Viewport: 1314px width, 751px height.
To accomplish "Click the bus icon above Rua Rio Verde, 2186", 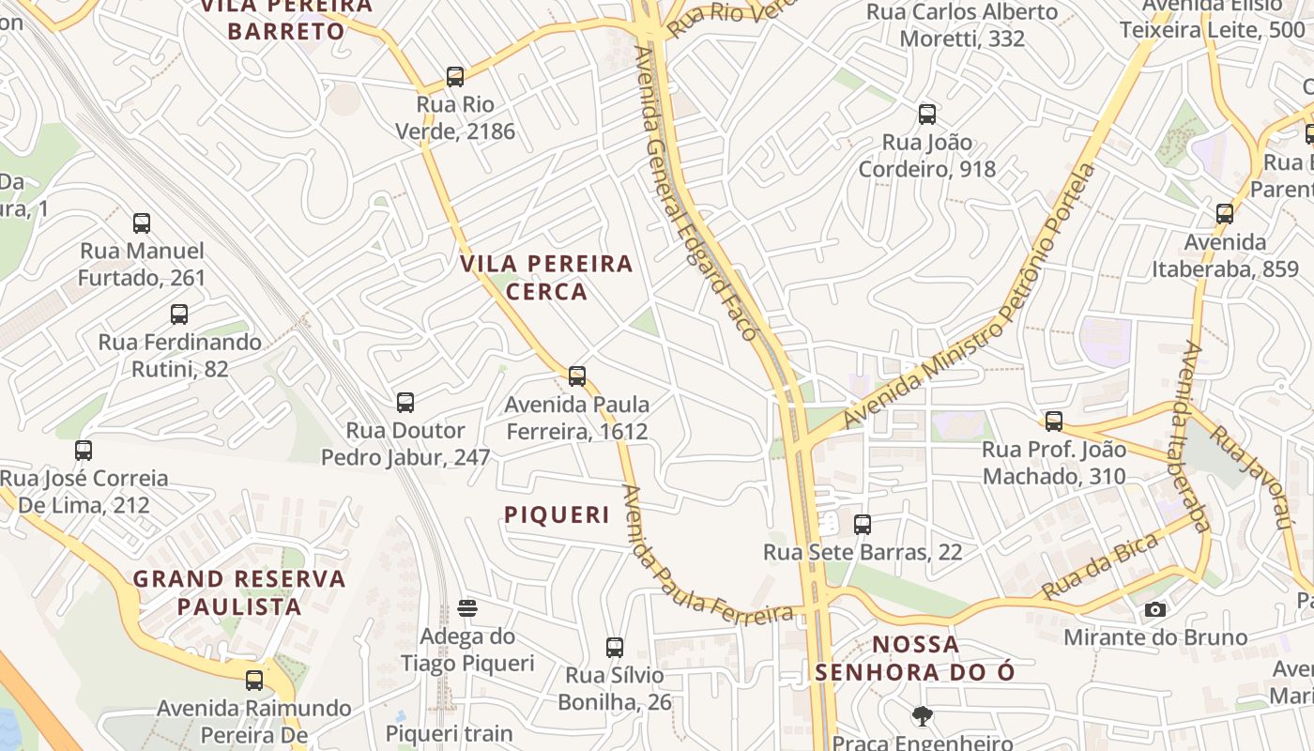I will click(455, 77).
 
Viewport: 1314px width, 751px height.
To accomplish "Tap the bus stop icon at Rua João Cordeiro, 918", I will click(927, 115).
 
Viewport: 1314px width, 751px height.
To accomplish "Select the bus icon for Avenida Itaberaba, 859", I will click(1225, 213).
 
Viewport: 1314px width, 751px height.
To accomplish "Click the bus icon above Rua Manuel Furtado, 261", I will click(142, 223).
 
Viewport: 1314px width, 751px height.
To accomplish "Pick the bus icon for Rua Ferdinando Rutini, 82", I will click(179, 314).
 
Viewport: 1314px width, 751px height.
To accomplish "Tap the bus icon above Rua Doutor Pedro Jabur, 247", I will click(405, 403).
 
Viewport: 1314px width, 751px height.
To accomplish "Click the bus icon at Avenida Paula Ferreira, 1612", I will click(577, 376).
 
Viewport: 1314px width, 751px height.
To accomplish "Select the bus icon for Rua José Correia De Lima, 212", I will click(84, 451).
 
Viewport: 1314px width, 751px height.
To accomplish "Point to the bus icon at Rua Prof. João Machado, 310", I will click(1054, 421).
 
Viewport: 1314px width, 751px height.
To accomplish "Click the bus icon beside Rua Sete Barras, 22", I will click(863, 525).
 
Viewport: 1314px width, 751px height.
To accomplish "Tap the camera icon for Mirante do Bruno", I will click(1155, 610).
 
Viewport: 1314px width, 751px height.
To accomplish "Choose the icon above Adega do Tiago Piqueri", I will click(467, 608).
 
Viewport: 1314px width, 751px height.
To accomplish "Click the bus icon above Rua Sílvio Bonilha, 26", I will click(615, 648).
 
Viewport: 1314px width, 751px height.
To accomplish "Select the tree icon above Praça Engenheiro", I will click(923, 716).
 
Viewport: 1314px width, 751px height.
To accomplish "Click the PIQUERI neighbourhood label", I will click(558, 515).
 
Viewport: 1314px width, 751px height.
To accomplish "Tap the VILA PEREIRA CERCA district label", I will click(547, 277).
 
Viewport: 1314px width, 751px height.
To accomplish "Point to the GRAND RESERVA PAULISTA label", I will click(239, 592).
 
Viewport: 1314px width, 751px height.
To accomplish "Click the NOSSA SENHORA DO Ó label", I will click(915, 658).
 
